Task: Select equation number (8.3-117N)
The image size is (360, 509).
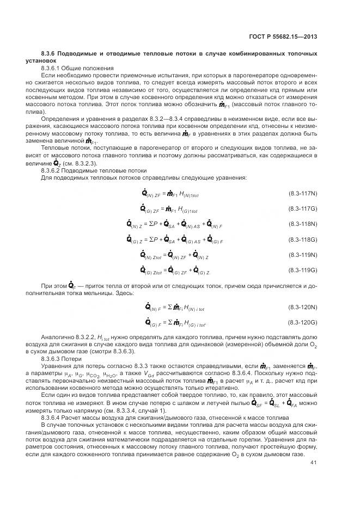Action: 302,193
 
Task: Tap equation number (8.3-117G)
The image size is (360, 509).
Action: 302,208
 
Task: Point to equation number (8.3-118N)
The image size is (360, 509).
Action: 302,224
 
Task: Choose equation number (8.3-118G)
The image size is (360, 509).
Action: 302,239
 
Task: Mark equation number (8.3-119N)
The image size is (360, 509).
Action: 302,254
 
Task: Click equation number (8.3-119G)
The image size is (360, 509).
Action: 302,269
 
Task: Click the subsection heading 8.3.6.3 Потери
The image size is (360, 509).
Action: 64,360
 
